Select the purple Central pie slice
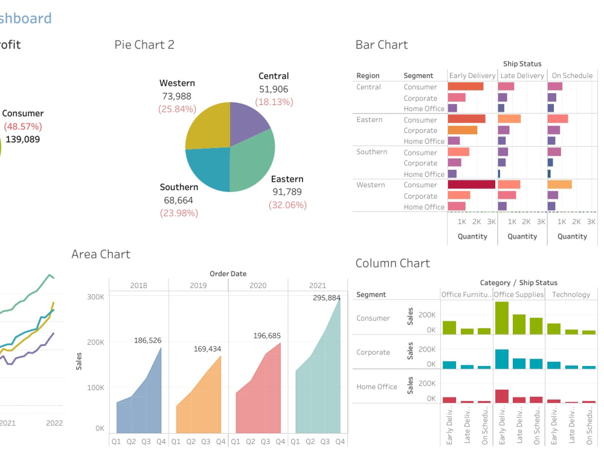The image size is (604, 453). [248, 121]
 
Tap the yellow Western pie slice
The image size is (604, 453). [208, 126]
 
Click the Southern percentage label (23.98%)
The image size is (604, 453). [179, 213]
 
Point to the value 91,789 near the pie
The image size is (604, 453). [287, 192]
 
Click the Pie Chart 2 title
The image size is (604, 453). [144, 45]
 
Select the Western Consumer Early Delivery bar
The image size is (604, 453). [471, 185]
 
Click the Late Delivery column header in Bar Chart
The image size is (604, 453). [522, 75]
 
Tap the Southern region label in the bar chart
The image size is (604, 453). [371, 152]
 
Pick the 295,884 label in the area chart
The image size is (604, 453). [326, 298]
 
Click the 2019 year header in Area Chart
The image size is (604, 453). [198, 285]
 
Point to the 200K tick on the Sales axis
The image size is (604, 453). [95, 342]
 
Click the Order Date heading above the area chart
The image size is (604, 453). [228, 274]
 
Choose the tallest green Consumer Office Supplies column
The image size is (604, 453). [501, 318]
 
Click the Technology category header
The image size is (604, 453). [571, 295]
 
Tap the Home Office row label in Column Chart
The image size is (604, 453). [377, 387]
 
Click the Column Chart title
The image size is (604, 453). [393, 263]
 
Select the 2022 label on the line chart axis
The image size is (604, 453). [54, 423]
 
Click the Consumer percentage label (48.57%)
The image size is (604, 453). [23, 126]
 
